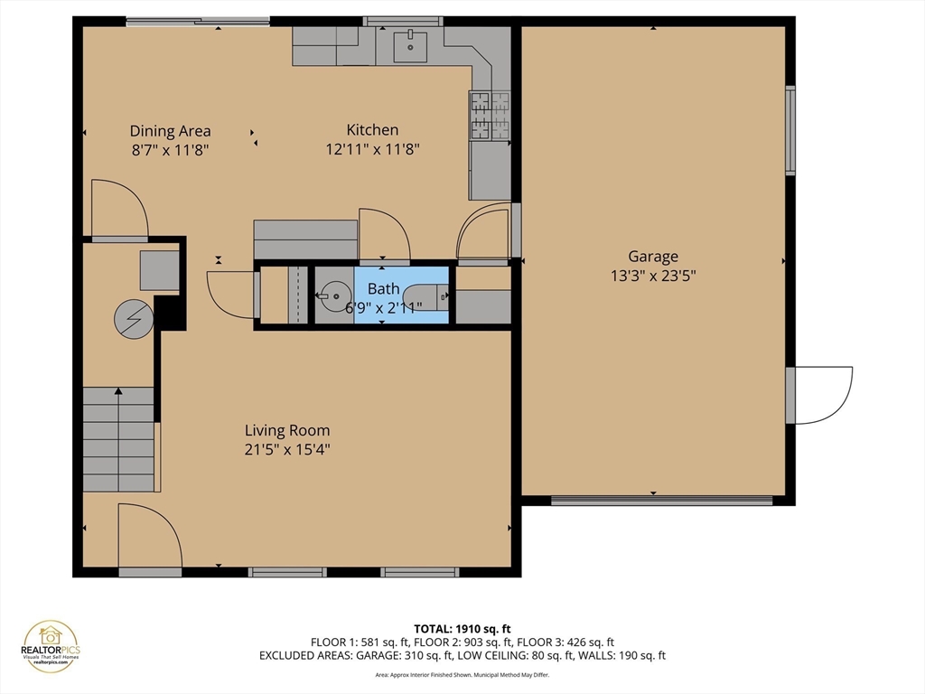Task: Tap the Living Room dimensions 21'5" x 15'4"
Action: (287, 449)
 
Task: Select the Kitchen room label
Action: (372, 130)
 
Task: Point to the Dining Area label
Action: (170, 131)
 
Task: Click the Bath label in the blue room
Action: (383, 289)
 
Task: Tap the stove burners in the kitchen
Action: (489, 117)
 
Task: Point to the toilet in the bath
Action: (424, 295)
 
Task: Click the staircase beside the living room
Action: (119, 439)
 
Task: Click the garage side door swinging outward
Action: (820, 394)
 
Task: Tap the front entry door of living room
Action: (149, 538)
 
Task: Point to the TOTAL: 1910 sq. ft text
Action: (462, 628)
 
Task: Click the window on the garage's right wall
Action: (790, 129)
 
